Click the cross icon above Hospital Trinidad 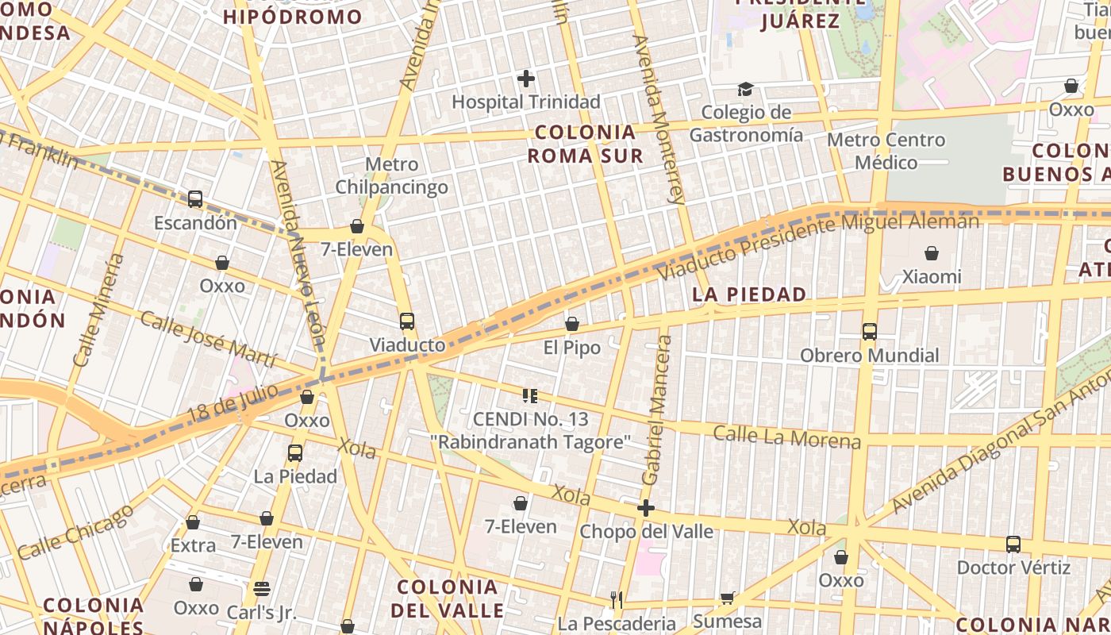click(x=525, y=78)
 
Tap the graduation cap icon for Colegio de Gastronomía click(x=745, y=89)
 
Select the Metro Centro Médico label click(x=886, y=151)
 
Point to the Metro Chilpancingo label click(x=391, y=175)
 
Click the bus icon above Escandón click(x=195, y=199)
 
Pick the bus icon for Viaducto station click(x=407, y=321)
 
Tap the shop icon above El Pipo click(x=571, y=324)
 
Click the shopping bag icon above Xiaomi click(x=932, y=253)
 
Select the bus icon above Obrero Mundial click(x=870, y=332)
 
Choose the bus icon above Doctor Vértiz click(x=1013, y=545)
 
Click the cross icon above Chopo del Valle click(x=646, y=508)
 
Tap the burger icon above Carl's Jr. click(x=261, y=589)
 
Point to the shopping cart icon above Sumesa click(x=727, y=598)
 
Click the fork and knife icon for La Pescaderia click(x=616, y=599)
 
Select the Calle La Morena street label click(x=786, y=437)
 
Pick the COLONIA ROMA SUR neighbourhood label click(x=586, y=144)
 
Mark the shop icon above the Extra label click(x=193, y=522)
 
